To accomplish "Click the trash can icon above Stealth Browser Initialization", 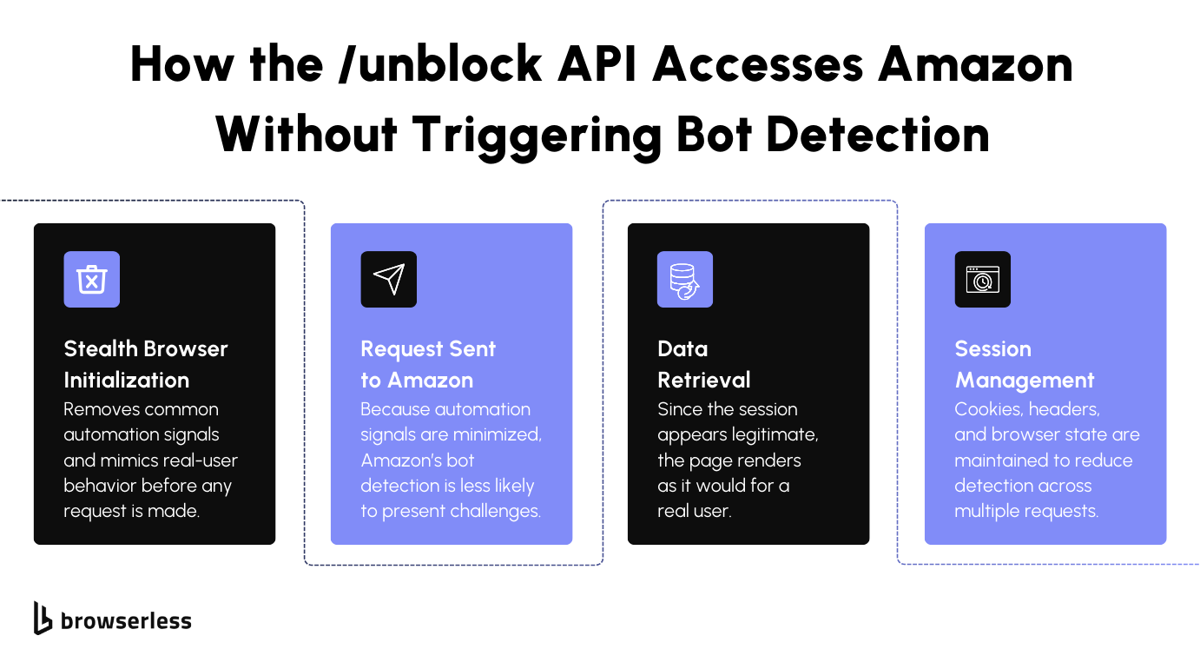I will tap(91, 280).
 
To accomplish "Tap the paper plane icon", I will tap(388, 280).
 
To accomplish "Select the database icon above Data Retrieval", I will tap(685, 280).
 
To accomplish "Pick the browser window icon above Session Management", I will tap(982, 280).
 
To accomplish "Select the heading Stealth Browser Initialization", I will tap(146, 364).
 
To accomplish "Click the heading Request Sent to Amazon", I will tap(428, 364).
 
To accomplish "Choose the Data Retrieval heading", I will tap(703, 364).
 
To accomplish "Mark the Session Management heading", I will tap(1024, 364).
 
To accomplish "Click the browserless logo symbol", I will tap(43, 618).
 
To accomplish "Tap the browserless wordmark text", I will tap(126, 620).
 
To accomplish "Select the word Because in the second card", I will tap(395, 409).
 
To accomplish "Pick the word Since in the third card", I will tap(678, 409).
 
